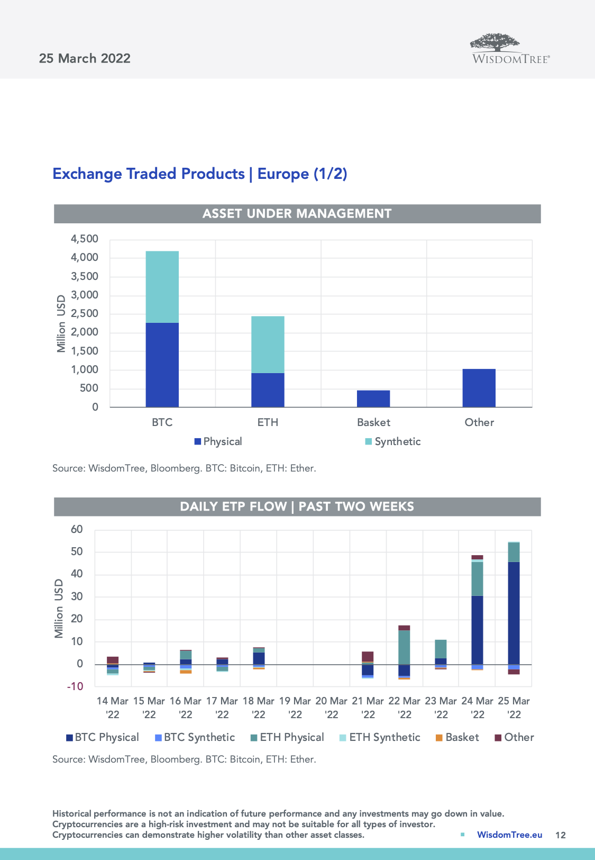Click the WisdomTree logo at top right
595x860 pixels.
click(x=510, y=49)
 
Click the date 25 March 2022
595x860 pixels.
click(x=85, y=58)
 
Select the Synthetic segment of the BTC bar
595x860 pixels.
click(x=162, y=287)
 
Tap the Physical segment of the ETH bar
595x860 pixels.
click(x=268, y=390)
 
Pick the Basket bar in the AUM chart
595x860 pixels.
click(x=373, y=399)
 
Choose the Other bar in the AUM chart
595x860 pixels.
click(x=479, y=388)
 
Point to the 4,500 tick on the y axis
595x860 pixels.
click(x=85, y=239)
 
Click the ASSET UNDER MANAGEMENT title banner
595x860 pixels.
click(x=297, y=214)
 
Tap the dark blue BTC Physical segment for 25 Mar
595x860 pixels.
click(x=514, y=613)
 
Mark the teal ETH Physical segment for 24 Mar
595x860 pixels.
click(x=477, y=578)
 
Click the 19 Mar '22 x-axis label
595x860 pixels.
click(x=295, y=708)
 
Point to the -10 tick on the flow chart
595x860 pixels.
click(x=75, y=686)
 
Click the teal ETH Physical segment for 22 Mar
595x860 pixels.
click(x=404, y=647)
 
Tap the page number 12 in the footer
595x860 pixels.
click(x=561, y=835)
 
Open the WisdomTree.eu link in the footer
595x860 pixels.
click(x=509, y=835)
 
